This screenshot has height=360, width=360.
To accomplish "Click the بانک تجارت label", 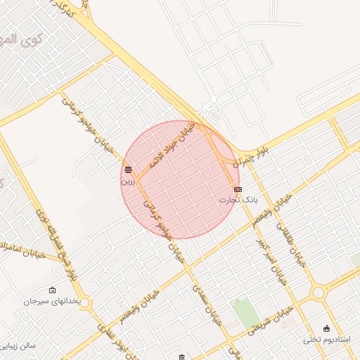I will pos(238,200).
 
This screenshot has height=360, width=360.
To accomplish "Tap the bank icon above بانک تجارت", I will pos(238,189).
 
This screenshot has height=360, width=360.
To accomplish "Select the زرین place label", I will pos(127,181).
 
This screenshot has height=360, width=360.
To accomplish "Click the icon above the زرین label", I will pos(127,169).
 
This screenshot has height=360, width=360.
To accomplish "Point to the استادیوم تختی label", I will pos(321,340).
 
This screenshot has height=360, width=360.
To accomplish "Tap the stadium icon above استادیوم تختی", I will pos(326,328).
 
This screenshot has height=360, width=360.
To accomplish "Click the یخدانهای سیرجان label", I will pos(52,301).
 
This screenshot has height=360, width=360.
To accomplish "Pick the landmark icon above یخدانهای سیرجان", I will pos(52,290).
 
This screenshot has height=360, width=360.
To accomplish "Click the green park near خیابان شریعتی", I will pos(246,314).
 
